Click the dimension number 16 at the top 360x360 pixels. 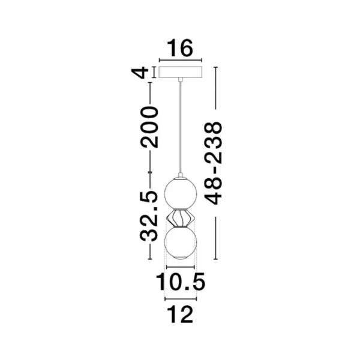pyautogui.click(x=180, y=49)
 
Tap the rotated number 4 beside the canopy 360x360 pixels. pyautogui.click(x=142, y=74)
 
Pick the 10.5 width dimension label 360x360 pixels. pyautogui.click(x=180, y=281)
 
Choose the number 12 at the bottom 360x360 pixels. pyautogui.click(x=180, y=314)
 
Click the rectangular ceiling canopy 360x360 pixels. pyautogui.click(x=180, y=73)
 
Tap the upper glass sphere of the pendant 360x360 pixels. pyautogui.click(x=180, y=191)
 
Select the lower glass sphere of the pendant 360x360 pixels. pyautogui.click(x=180, y=242)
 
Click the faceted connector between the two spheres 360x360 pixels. pyautogui.click(x=180, y=217)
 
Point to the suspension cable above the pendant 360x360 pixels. pyautogui.click(x=180, y=126)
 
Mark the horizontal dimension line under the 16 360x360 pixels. pyautogui.click(x=180, y=60)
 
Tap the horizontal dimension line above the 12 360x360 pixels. pyautogui.click(x=180, y=298)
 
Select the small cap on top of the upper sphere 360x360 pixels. pyautogui.click(x=180, y=176)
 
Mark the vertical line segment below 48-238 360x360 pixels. pyautogui.click(x=214, y=234)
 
